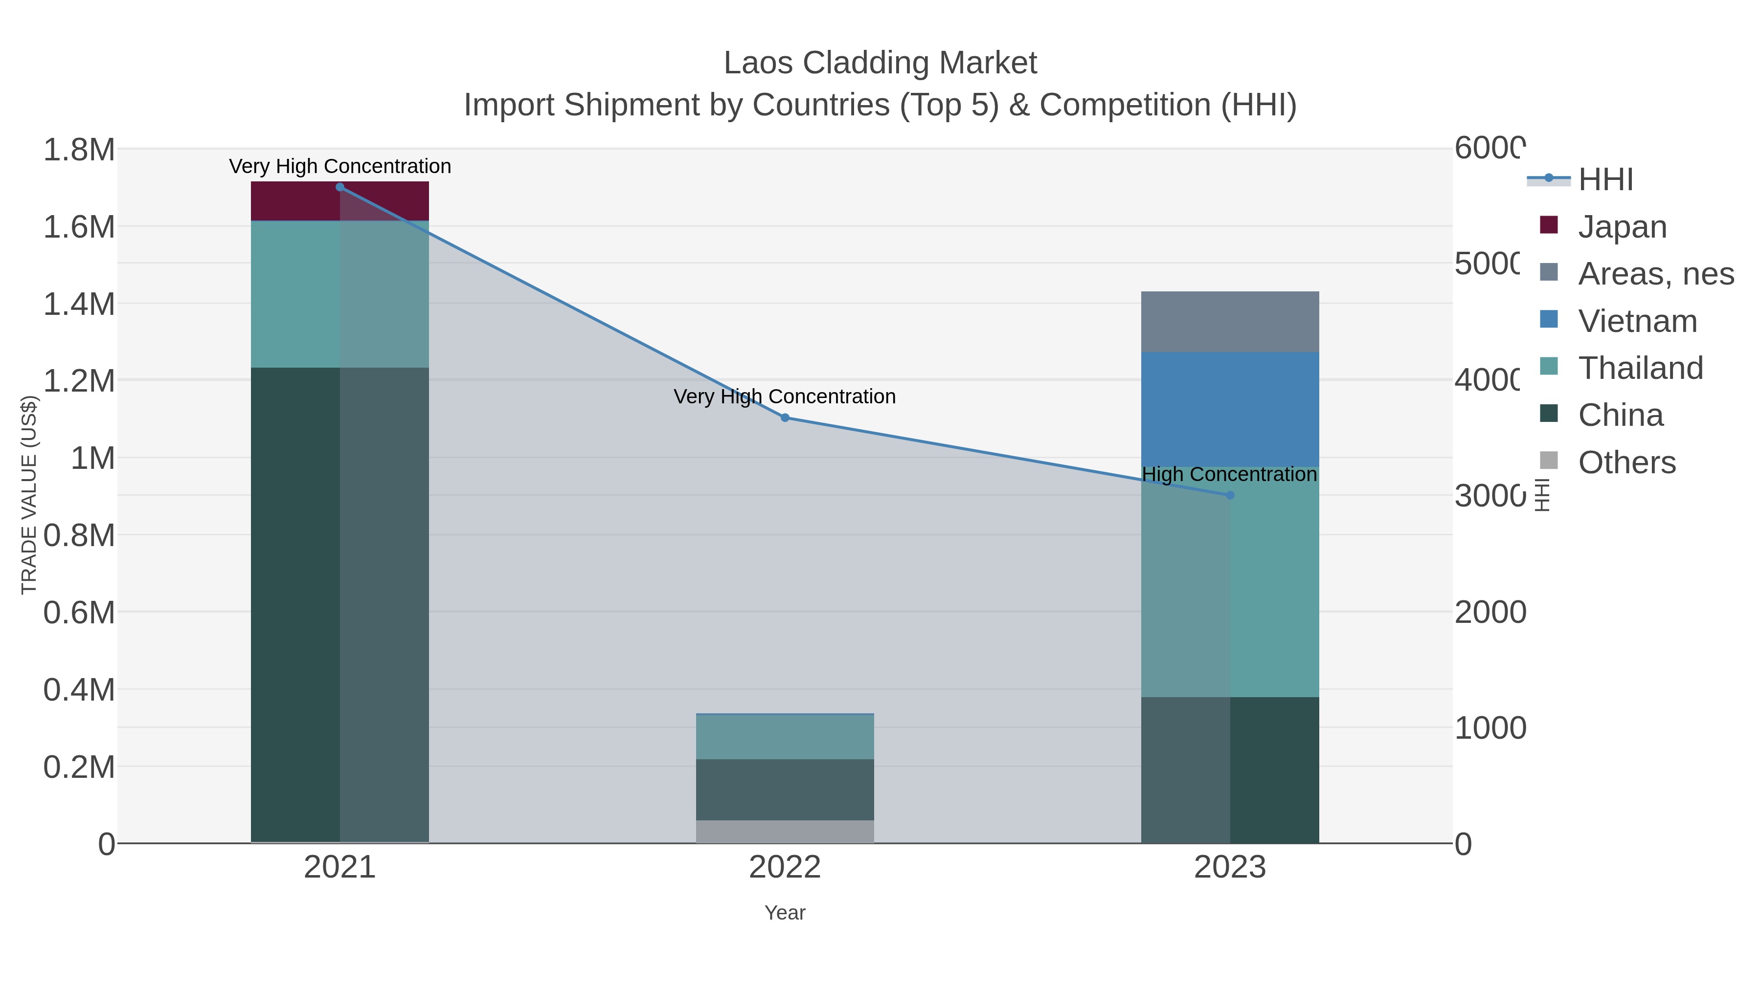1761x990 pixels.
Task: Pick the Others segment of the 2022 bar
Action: coord(784,832)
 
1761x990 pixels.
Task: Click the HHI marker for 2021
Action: coord(340,187)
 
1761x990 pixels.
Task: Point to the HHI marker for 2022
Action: coord(785,418)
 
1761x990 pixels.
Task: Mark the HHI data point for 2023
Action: coord(1230,495)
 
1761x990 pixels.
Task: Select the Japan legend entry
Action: coord(1622,227)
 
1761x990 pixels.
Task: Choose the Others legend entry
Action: coord(1626,462)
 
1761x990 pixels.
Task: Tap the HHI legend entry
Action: coord(1605,180)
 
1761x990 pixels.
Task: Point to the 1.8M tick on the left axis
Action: coord(79,150)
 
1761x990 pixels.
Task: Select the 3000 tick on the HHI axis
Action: coord(1489,496)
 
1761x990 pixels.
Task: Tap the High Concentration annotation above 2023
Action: coord(1229,474)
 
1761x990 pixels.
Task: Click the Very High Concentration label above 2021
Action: coord(340,166)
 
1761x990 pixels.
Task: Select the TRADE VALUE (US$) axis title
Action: coord(29,495)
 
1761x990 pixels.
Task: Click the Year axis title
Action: coord(785,913)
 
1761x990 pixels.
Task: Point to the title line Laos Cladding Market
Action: coord(880,63)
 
